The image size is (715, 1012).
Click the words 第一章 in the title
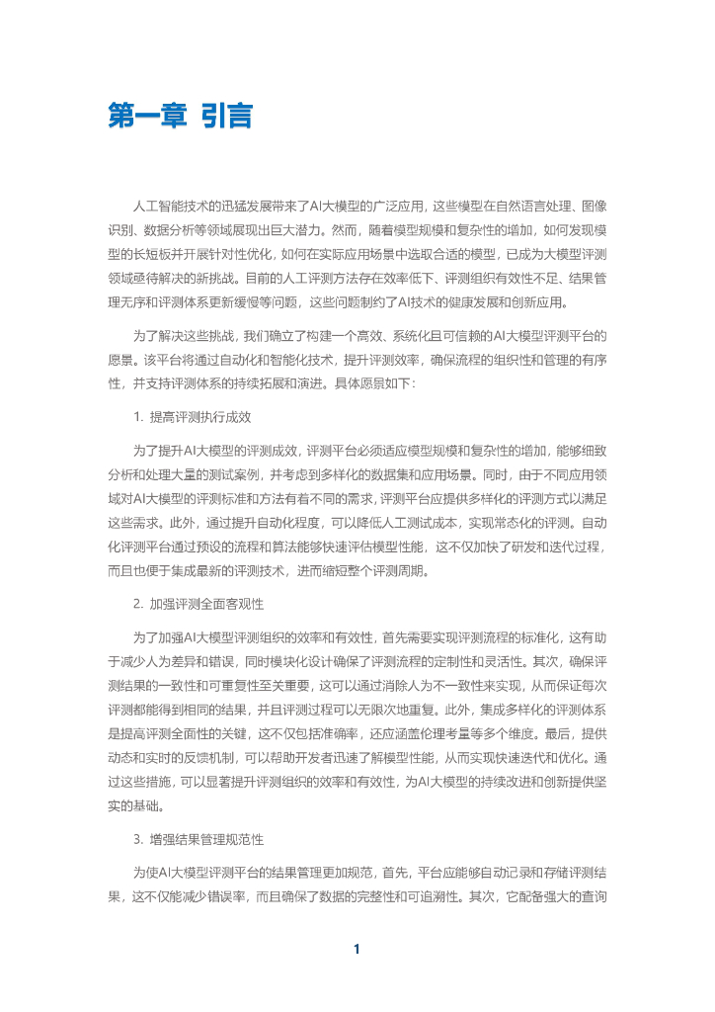click(x=141, y=118)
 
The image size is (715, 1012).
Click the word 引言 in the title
click(x=225, y=118)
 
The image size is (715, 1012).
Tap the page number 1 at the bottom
click(x=357, y=950)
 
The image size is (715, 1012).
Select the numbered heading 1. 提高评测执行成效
click(x=192, y=419)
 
